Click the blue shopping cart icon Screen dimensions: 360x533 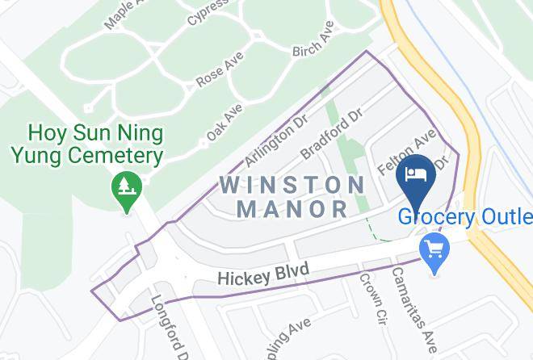pos(435,250)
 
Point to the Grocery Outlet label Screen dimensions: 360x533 pos(464,217)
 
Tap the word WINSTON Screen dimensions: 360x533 pos(292,185)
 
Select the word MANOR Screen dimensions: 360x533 pos(292,210)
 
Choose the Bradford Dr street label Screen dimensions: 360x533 pos(329,136)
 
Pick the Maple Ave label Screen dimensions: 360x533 pos(122,15)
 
